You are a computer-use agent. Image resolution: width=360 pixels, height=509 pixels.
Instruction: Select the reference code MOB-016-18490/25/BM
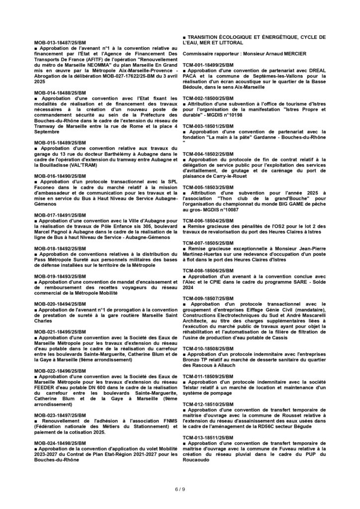click(x=60, y=176)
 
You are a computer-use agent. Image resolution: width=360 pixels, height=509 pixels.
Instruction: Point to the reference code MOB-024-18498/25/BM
click(x=60, y=441)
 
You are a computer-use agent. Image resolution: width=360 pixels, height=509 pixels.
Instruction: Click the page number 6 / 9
click(x=180, y=489)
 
